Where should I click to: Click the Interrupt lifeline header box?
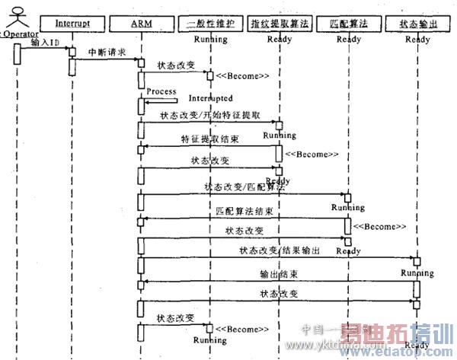pos(72,24)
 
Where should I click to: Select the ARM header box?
pos(141,24)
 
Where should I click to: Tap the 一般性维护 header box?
pos(210,24)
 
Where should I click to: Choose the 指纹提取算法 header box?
pos(278,24)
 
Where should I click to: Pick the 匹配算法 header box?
pos(347,24)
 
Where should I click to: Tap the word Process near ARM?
pos(161,91)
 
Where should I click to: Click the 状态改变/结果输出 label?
pos(280,250)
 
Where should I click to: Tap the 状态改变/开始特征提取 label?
pos(210,116)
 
